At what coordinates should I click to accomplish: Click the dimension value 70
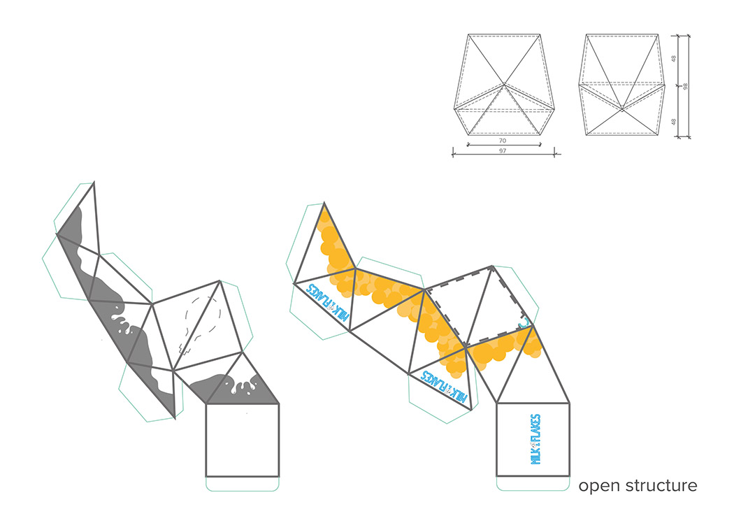coord(503,141)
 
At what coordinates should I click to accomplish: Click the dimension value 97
coord(503,152)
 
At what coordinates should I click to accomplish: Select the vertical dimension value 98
coord(686,86)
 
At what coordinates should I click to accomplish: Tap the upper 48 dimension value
coord(674,59)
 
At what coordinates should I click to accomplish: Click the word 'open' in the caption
coord(599,486)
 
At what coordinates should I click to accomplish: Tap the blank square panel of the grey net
coord(242,440)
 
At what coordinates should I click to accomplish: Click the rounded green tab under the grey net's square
coord(243,483)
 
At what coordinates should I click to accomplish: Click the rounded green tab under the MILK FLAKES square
coord(533,483)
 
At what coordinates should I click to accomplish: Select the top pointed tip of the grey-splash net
coord(93,183)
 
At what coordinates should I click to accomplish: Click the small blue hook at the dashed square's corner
coord(526,323)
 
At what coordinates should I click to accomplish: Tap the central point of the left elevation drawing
coord(504,85)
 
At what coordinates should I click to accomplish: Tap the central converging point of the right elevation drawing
coord(621,109)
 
